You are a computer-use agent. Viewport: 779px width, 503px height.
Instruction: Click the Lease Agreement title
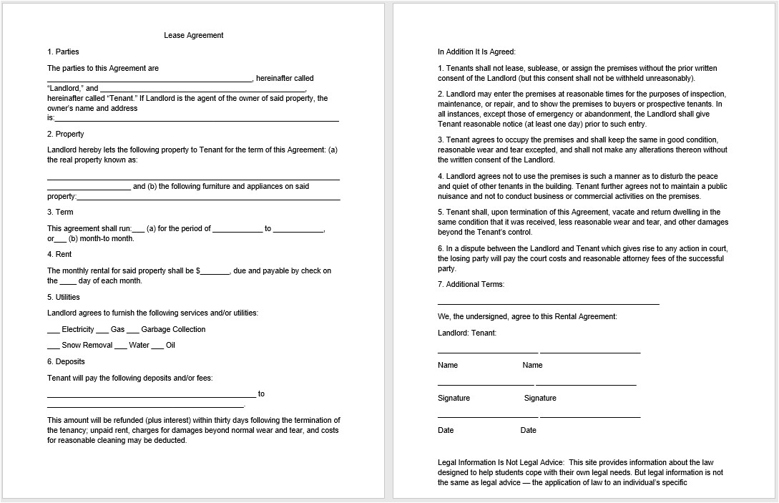[194, 35]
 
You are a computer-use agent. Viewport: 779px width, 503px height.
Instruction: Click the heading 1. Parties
[63, 52]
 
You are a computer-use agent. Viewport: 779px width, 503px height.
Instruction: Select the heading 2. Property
[65, 134]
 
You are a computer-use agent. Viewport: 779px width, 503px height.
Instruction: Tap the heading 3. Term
[60, 212]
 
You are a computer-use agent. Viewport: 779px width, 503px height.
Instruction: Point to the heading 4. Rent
[60, 254]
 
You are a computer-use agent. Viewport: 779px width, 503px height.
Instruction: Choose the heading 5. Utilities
[64, 297]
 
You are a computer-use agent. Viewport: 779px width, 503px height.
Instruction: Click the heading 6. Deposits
[66, 362]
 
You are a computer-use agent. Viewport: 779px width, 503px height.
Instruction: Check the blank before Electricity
[54, 331]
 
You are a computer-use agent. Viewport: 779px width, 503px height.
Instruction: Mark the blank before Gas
[102, 331]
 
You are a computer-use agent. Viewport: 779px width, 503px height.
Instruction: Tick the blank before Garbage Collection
[133, 331]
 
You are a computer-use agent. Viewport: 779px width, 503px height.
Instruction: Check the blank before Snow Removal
[54, 346]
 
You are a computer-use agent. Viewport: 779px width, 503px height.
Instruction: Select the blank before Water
[120, 346]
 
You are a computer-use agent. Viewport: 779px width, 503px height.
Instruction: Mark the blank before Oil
[157, 346]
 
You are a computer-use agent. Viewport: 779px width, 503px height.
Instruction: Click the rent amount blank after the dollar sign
[215, 272]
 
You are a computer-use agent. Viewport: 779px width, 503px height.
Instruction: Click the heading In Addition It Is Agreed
[476, 52]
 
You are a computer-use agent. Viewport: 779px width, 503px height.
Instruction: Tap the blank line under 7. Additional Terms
[548, 304]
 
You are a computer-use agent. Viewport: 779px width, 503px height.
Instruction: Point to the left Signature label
[454, 398]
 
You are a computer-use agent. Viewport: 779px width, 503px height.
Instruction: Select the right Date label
[528, 430]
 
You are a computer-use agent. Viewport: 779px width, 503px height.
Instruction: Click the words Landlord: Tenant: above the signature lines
[466, 333]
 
